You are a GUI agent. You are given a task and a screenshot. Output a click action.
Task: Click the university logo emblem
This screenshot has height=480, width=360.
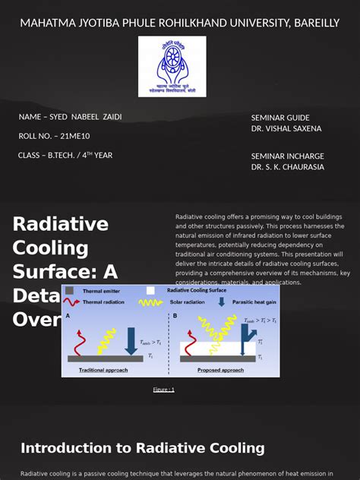point(172,67)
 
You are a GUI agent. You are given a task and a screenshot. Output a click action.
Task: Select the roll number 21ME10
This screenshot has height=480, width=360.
point(74,136)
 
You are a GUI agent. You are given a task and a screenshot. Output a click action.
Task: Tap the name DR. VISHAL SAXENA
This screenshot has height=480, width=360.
point(286,129)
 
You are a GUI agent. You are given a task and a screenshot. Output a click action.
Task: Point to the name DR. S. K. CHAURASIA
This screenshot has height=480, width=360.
point(288,167)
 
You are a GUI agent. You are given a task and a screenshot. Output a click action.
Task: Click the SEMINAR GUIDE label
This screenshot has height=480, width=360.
point(280,118)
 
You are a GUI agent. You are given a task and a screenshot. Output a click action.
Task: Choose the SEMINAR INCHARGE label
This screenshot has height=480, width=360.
point(287,156)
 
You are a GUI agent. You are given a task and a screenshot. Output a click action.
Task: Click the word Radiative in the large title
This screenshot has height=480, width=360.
point(61,224)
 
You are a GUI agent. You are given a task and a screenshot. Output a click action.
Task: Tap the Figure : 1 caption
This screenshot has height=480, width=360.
point(163,390)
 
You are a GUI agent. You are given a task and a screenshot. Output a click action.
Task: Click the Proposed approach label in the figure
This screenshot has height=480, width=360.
point(220,370)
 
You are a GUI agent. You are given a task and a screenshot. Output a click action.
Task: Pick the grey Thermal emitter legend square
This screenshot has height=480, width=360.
point(69,290)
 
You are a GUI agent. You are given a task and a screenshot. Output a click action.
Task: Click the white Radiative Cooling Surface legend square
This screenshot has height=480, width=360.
point(150,290)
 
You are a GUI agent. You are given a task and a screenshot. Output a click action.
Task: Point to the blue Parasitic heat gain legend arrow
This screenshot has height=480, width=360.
point(221,302)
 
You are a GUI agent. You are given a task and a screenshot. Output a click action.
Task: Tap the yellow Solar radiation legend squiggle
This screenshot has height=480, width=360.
point(150,302)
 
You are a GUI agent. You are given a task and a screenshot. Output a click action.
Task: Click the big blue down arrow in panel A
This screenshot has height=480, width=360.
point(131,339)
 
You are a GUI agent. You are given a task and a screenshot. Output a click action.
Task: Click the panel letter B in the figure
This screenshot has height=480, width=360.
point(175,316)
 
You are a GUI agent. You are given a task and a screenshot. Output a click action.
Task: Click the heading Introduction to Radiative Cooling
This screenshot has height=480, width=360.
point(143,448)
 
